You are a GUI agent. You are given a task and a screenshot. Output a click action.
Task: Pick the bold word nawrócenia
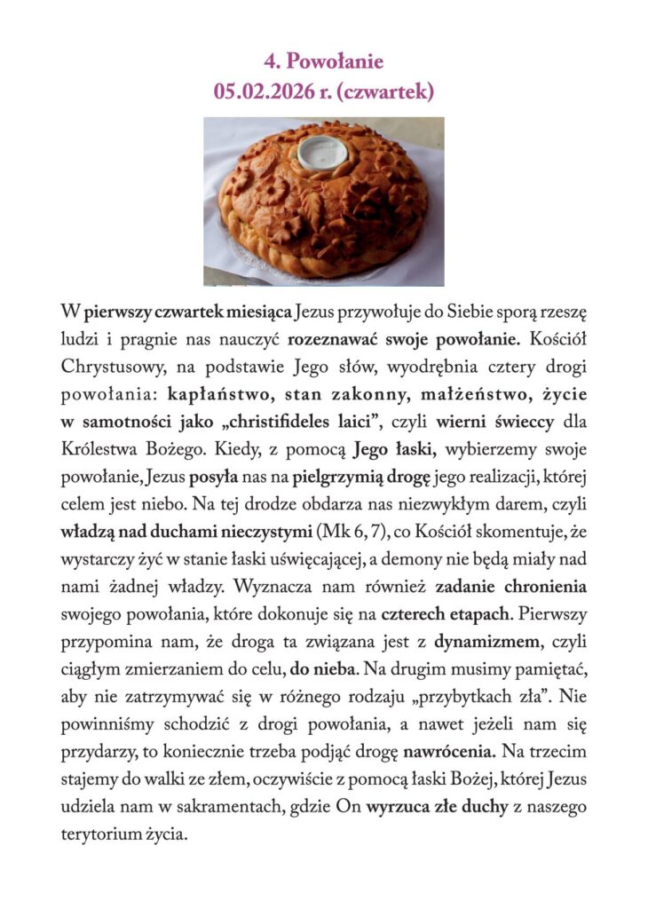(x=449, y=751)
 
